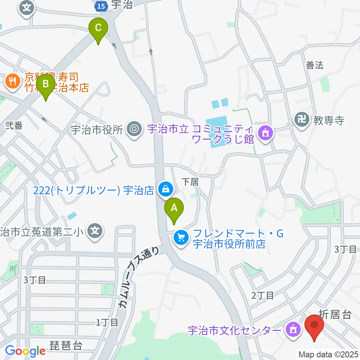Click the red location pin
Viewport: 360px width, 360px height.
click(x=314, y=327)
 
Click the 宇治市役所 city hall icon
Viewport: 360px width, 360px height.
click(x=133, y=129)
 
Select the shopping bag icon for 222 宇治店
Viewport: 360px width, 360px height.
click(x=165, y=189)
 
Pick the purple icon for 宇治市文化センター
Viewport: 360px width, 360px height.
click(x=292, y=330)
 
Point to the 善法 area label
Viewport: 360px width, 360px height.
click(x=314, y=65)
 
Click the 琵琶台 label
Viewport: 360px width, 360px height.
click(x=66, y=345)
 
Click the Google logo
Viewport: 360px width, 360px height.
click(x=25, y=351)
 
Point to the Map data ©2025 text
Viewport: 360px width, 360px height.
click(x=327, y=354)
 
